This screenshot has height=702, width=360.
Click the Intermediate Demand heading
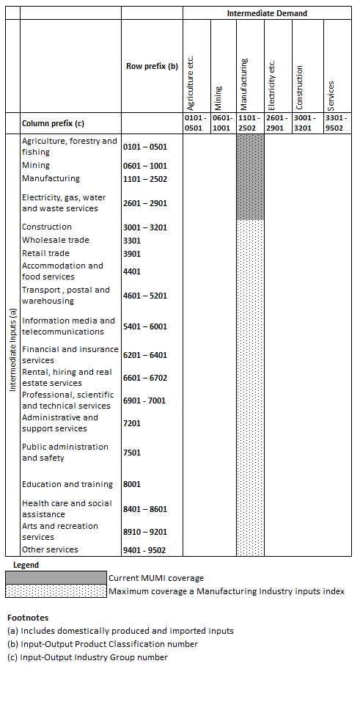click(x=267, y=13)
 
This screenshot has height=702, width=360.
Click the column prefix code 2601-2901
click(x=277, y=122)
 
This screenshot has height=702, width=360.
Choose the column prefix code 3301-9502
click(x=336, y=122)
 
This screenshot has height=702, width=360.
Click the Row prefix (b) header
click(x=152, y=66)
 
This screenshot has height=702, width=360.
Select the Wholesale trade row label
click(x=56, y=240)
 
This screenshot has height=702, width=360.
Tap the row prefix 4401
click(x=132, y=271)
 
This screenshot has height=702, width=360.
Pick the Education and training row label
click(x=67, y=484)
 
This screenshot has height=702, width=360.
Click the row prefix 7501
click(x=132, y=453)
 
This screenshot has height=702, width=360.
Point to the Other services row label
click(x=50, y=549)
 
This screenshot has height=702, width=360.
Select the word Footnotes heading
click(x=27, y=618)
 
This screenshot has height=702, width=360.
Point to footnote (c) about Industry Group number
click(x=87, y=657)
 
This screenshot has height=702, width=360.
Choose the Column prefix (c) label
click(x=53, y=123)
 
